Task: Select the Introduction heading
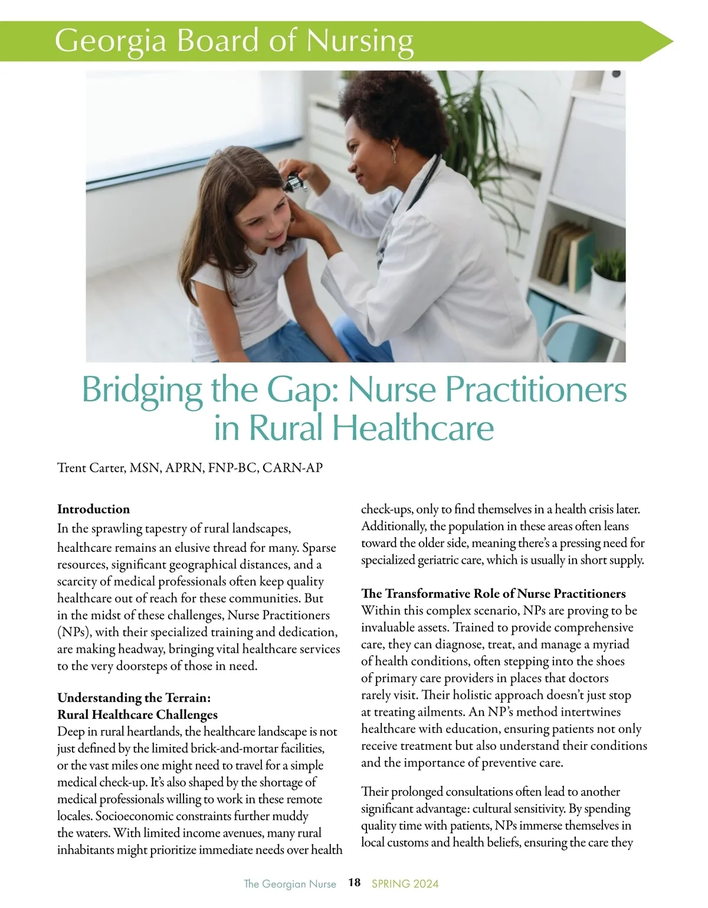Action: click(x=93, y=509)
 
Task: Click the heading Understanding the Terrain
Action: click(x=133, y=698)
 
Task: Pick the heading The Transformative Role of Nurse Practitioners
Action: click(x=493, y=593)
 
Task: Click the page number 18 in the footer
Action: click(x=354, y=883)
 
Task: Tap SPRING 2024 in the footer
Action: click(x=405, y=883)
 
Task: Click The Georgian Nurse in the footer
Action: click(x=290, y=883)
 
